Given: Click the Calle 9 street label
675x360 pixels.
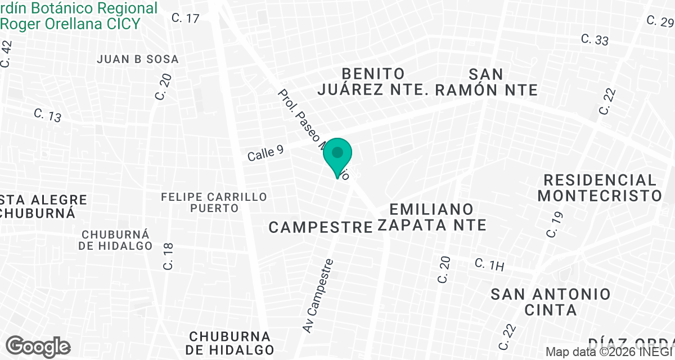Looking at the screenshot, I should (265, 153).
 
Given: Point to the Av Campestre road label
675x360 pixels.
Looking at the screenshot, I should (318, 295).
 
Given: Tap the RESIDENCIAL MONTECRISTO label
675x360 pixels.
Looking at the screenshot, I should (600, 188).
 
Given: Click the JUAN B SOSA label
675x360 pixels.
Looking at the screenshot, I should (138, 59).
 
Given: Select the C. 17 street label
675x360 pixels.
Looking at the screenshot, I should (186, 18).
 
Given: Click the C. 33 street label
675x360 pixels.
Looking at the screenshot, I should (595, 40).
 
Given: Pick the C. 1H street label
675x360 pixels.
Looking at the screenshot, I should (489, 264).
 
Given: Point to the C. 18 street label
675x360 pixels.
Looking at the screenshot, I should (169, 256).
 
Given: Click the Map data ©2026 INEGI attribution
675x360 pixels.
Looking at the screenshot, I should (610, 352).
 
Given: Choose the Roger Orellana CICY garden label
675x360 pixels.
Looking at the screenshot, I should (70, 24).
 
